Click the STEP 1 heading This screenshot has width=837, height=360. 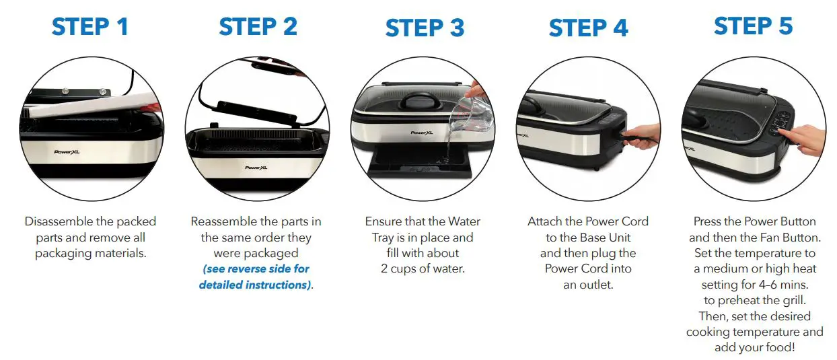pyautogui.click(x=89, y=27)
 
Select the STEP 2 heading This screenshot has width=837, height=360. pyautogui.click(x=258, y=27)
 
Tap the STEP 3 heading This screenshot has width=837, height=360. pyautogui.click(x=425, y=28)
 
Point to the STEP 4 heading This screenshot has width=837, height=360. pyautogui.click(x=588, y=28)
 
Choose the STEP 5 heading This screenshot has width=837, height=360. pyautogui.click(x=753, y=26)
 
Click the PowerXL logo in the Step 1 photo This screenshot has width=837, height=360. pyautogui.click(x=66, y=152)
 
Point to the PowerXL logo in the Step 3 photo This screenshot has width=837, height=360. pyautogui.click(x=422, y=133)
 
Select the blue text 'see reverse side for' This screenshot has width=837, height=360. pyautogui.click(x=256, y=269)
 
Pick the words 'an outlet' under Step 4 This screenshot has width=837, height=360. pyautogui.click(x=588, y=285)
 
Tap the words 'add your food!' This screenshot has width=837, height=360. pyautogui.click(x=754, y=348)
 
